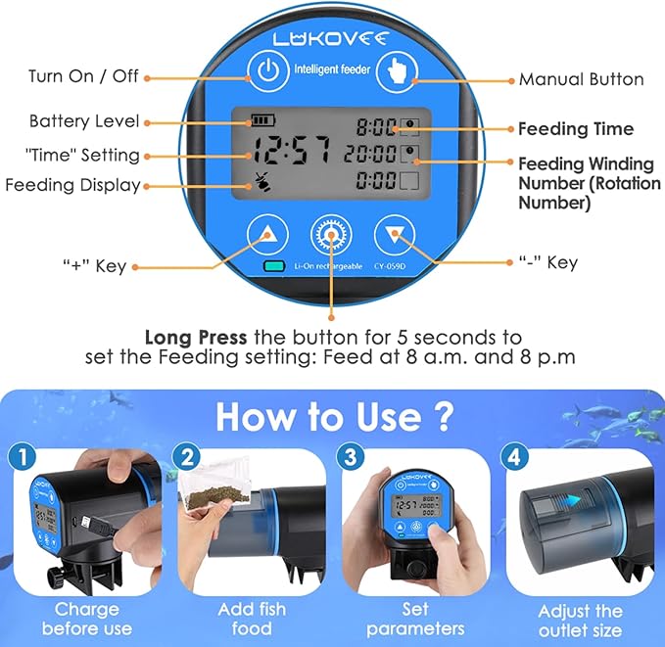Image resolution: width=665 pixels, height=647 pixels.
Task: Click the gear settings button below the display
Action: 331,236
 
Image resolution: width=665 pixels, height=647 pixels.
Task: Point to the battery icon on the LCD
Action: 263,120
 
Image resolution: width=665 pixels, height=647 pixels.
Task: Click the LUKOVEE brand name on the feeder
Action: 332,38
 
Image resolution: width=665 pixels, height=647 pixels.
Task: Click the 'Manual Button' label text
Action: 582,78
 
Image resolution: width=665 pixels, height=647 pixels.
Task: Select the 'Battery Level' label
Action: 84,121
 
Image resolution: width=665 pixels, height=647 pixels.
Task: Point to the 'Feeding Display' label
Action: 72,185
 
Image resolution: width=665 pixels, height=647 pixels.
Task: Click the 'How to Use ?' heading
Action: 334,416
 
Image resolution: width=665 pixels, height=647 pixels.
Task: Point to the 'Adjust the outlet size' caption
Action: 580,619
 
